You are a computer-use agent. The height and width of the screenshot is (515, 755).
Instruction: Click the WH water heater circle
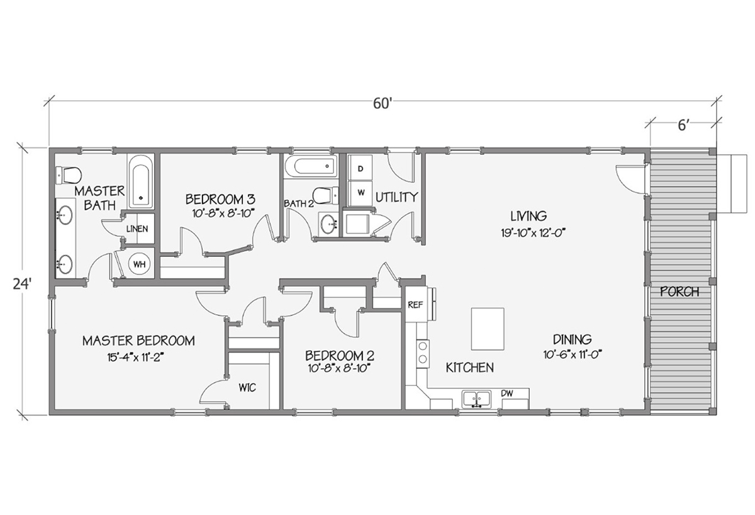click(139, 264)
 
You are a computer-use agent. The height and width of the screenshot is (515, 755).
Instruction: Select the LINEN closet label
click(138, 229)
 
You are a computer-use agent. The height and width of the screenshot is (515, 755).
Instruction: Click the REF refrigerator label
click(414, 304)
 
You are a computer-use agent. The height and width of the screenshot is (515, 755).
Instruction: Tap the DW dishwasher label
click(507, 393)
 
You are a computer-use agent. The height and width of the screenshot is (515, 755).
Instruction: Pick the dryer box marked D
click(361, 169)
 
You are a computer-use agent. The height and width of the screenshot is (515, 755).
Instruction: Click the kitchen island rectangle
click(488, 329)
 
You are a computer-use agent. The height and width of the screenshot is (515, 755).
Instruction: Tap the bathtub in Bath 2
click(309, 167)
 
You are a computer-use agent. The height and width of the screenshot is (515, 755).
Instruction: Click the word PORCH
click(679, 292)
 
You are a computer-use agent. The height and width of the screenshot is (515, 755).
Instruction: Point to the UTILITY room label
click(396, 197)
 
